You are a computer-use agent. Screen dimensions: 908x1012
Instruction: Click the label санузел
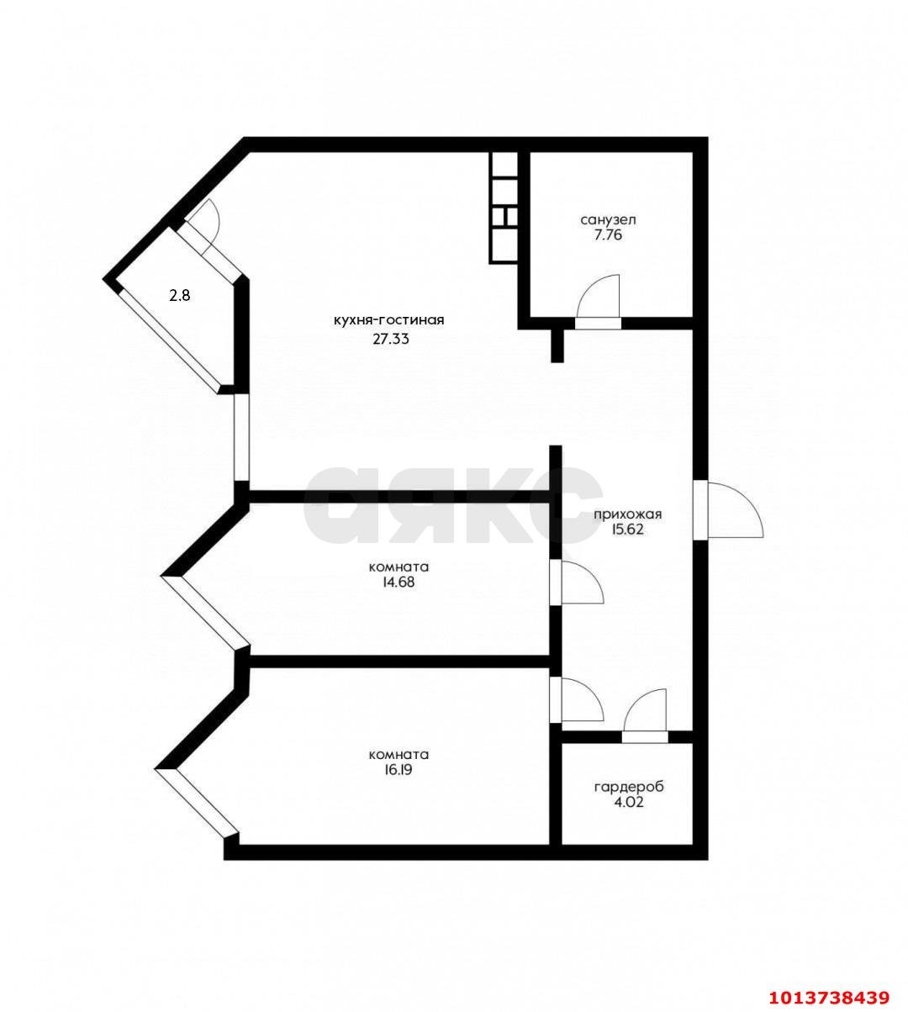click(x=608, y=219)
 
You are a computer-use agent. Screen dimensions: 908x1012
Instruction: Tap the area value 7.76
click(x=608, y=235)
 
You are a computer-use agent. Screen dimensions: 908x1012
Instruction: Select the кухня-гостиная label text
click(x=388, y=319)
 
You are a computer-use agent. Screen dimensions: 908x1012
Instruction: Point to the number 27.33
click(x=391, y=340)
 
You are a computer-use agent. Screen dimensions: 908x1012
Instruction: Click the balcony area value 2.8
click(x=179, y=296)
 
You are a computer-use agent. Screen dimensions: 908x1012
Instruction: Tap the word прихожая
click(x=628, y=514)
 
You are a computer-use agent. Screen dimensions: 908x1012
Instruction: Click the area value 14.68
click(x=399, y=582)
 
